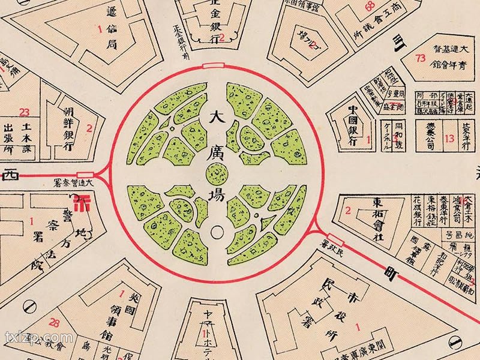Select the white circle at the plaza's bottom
pos(216,230)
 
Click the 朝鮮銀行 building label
pos(71,127)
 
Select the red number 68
pos(370,7)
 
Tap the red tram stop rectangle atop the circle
pos(214,65)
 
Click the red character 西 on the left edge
pos(10,175)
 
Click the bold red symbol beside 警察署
pos(85,200)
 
